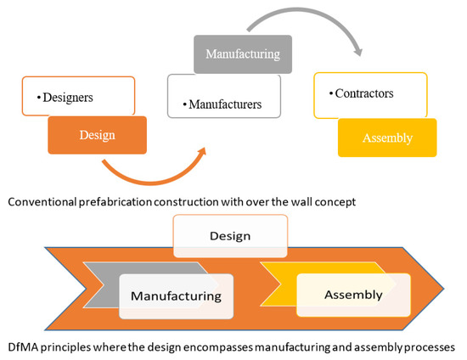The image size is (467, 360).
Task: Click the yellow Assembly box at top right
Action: coord(387,137)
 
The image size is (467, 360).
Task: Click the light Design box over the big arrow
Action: coord(230,235)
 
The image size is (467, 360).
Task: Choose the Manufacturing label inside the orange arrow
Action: coord(175,295)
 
